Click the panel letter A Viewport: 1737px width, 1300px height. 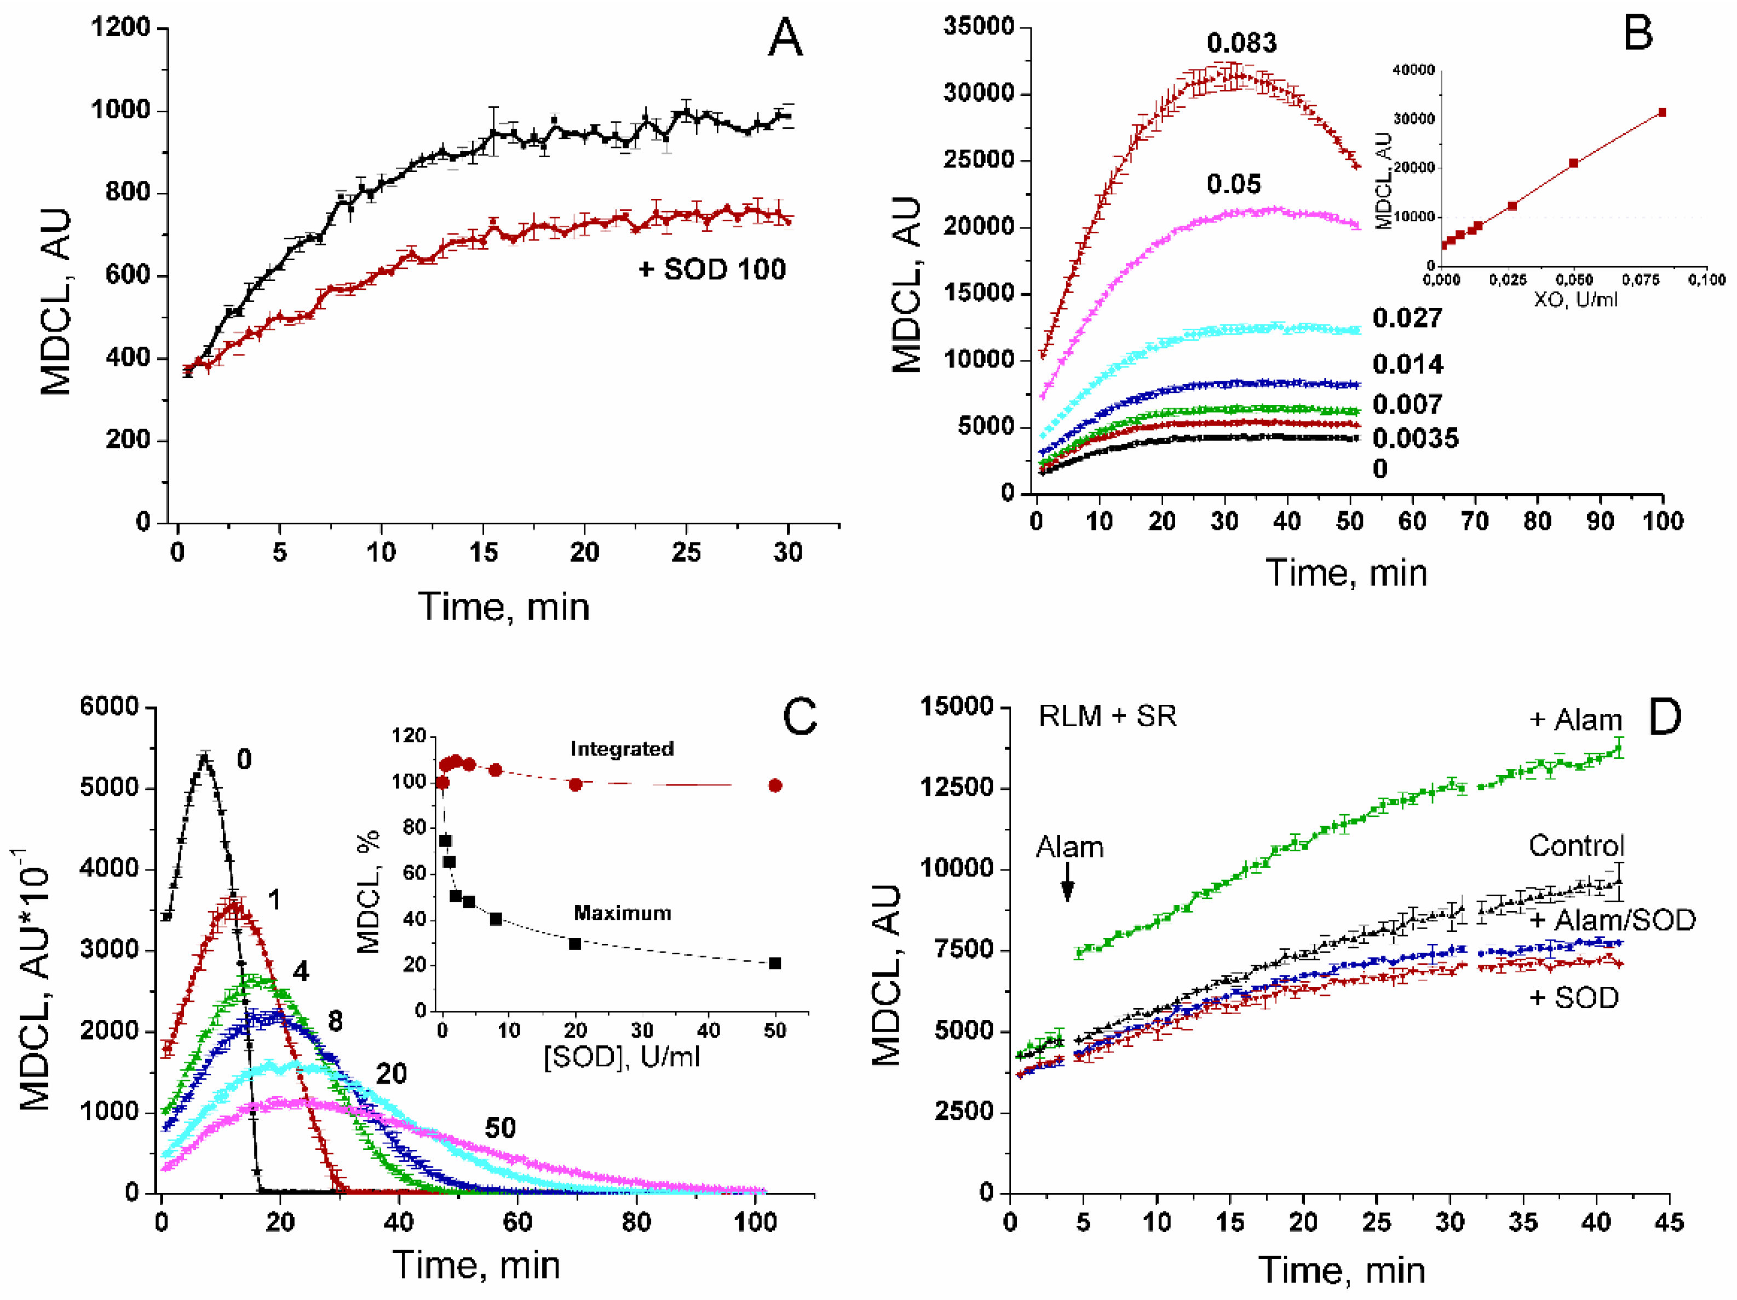(x=785, y=38)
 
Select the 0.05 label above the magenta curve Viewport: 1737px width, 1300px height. (x=1234, y=184)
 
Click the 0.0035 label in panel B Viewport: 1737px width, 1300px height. (x=1415, y=438)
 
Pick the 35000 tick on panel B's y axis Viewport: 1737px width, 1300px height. (x=977, y=27)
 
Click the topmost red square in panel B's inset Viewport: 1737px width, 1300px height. (x=1661, y=112)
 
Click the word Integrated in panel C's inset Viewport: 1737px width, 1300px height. (x=621, y=748)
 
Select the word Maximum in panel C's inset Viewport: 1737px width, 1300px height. (x=622, y=913)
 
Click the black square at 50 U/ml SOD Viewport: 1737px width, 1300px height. (x=775, y=963)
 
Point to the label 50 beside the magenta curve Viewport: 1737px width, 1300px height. (x=499, y=1128)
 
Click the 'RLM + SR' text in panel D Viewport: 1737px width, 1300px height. (x=1107, y=717)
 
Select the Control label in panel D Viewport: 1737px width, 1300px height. (x=1575, y=846)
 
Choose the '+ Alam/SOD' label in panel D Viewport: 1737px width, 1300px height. (x=1612, y=920)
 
